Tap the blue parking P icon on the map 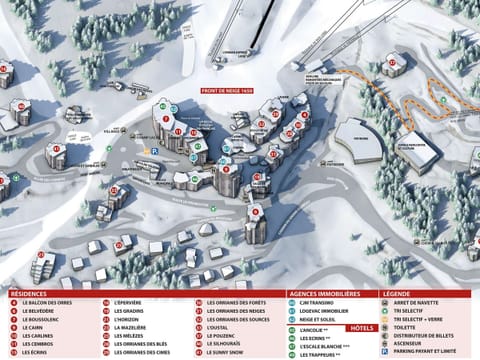coord(155,151)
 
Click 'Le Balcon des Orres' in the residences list coord(46,303)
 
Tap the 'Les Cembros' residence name coord(39,343)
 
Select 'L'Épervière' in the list coord(129,303)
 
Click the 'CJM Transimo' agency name coord(319,303)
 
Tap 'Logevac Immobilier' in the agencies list coord(326,311)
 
